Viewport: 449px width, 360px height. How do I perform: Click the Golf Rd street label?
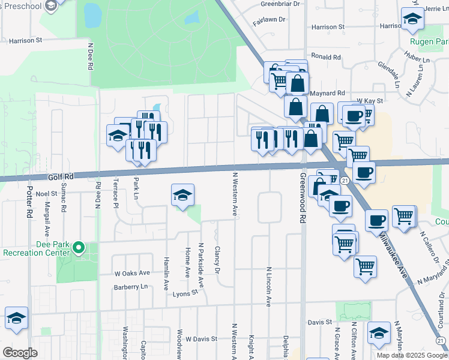60,176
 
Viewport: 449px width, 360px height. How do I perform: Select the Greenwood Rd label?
303,199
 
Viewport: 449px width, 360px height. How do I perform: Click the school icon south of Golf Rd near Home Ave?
183,196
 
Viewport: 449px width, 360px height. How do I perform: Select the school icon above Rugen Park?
412,20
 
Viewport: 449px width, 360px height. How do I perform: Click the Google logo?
20,353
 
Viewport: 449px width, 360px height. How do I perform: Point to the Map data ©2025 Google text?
412,355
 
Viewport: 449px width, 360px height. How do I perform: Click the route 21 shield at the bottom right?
442,340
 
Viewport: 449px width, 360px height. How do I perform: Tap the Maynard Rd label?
327,93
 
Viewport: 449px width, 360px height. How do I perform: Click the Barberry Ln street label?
131,287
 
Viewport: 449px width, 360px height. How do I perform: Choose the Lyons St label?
185,293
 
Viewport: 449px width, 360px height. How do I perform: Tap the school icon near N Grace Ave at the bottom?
378,334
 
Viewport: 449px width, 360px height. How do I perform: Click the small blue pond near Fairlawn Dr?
191,18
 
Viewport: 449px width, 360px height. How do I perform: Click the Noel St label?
46,194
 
